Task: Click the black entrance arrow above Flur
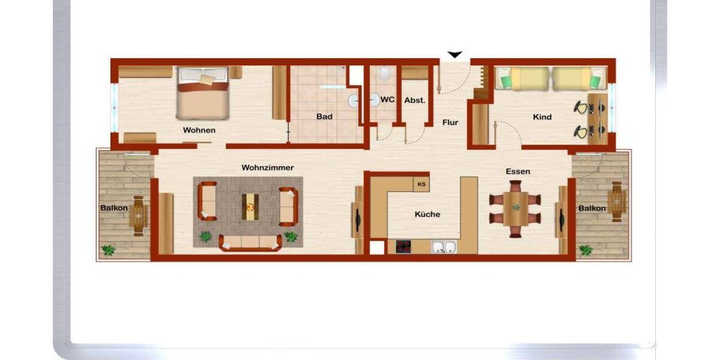pyautogui.click(x=455, y=55)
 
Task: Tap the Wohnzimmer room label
pyautogui.click(x=268, y=167)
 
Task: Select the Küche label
pyautogui.click(x=427, y=214)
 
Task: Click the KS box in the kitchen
pyautogui.click(x=421, y=184)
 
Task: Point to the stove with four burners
pyautogui.click(x=403, y=247)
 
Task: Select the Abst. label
pyautogui.click(x=415, y=100)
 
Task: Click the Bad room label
pyautogui.click(x=324, y=116)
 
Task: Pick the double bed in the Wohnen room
pyautogui.click(x=203, y=94)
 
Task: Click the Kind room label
pyautogui.click(x=542, y=117)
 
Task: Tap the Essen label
pyautogui.click(x=518, y=172)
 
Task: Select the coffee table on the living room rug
pyautogui.click(x=248, y=206)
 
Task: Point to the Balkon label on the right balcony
pyautogui.click(x=592, y=208)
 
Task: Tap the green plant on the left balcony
pyautogui.click(x=109, y=250)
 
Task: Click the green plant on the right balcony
pyautogui.click(x=586, y=250)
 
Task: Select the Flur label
pyautogui.click(x=450, y=122)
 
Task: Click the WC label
pyautogui.click(x=388, y=100)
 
